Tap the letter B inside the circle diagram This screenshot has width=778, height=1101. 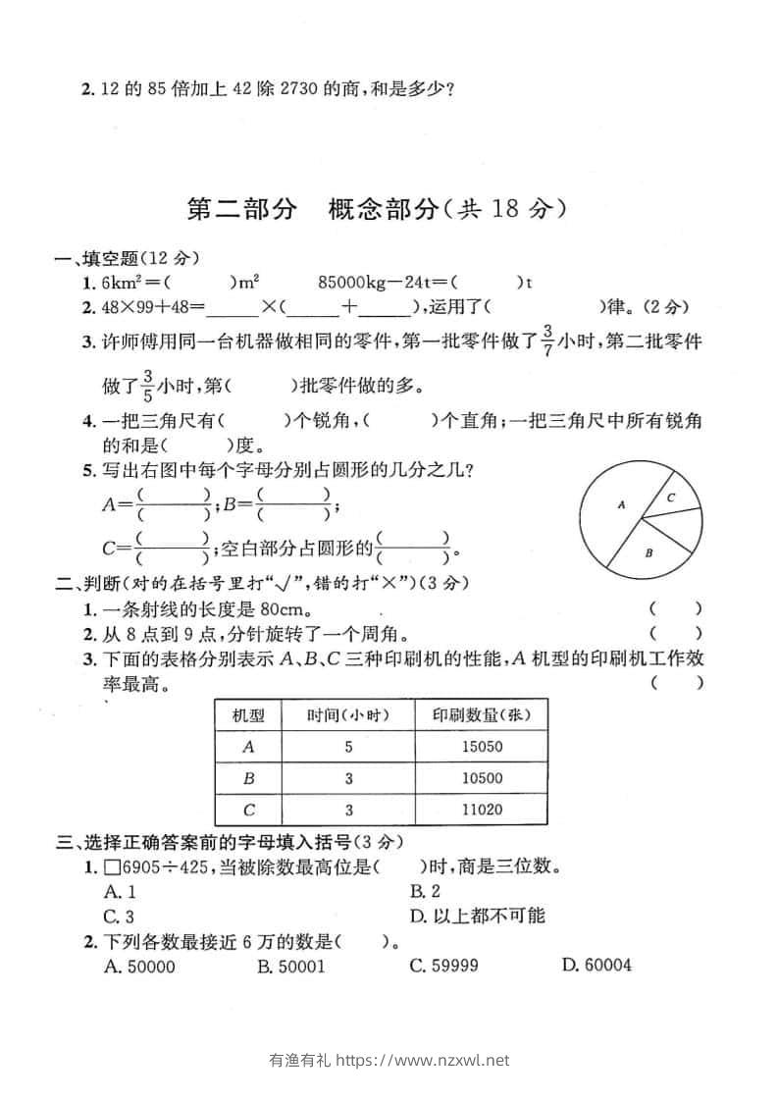648,552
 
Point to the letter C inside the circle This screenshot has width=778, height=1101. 670,498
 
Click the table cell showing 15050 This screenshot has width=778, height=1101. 481,747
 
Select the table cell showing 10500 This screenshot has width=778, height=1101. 481,778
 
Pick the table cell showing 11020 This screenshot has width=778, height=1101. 481,810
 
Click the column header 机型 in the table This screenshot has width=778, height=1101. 247,715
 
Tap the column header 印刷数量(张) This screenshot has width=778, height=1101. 481,715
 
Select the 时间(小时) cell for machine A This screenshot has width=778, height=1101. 347,747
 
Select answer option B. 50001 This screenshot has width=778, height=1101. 290,966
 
